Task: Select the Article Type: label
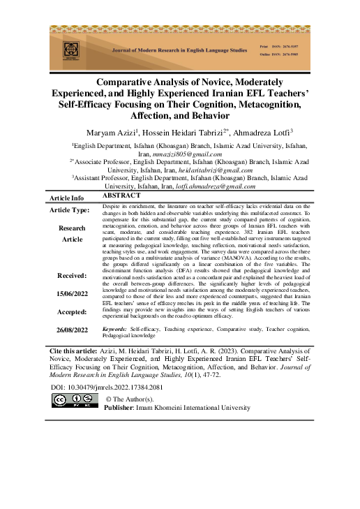tap(68, 210)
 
